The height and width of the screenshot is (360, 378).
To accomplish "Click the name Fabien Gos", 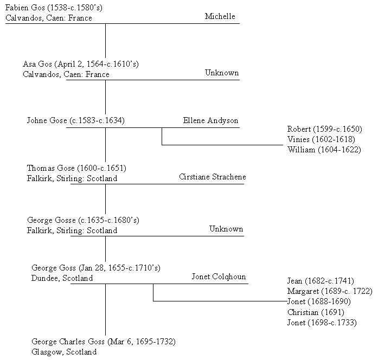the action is (25, 8).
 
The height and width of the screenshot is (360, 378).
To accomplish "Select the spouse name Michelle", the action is (220, 16).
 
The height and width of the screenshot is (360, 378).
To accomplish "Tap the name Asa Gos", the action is (37, 64).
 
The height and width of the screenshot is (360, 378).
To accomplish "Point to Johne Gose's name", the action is (47, 120).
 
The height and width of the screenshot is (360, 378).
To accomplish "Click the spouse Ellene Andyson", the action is (210, 120).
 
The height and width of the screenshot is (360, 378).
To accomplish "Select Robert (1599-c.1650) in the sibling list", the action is (324, 129).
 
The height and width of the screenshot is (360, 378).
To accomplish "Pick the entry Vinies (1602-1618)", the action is (321, 139).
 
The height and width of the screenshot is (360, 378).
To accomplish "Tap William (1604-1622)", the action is (324, 150).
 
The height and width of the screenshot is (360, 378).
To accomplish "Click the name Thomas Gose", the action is (51, 168).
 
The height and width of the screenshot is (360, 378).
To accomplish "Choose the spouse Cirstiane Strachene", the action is (213, 177).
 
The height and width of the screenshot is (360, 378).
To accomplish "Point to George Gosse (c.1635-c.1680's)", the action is (83, 220).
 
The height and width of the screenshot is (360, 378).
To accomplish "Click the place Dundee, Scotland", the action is (62, 278).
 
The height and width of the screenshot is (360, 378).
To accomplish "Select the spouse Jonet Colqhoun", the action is (219, 277).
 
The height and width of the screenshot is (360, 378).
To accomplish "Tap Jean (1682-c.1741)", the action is (321, 281).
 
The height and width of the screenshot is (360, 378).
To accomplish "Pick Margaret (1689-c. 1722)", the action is (330, 291).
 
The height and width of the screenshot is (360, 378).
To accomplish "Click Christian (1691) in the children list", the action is (316, 312).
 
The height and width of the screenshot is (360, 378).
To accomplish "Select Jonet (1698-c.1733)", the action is (322, 323).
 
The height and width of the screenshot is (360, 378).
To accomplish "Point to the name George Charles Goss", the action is (68, 342).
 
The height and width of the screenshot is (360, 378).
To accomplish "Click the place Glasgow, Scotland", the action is (64, 352).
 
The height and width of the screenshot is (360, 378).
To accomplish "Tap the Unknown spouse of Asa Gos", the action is (222, 73).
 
